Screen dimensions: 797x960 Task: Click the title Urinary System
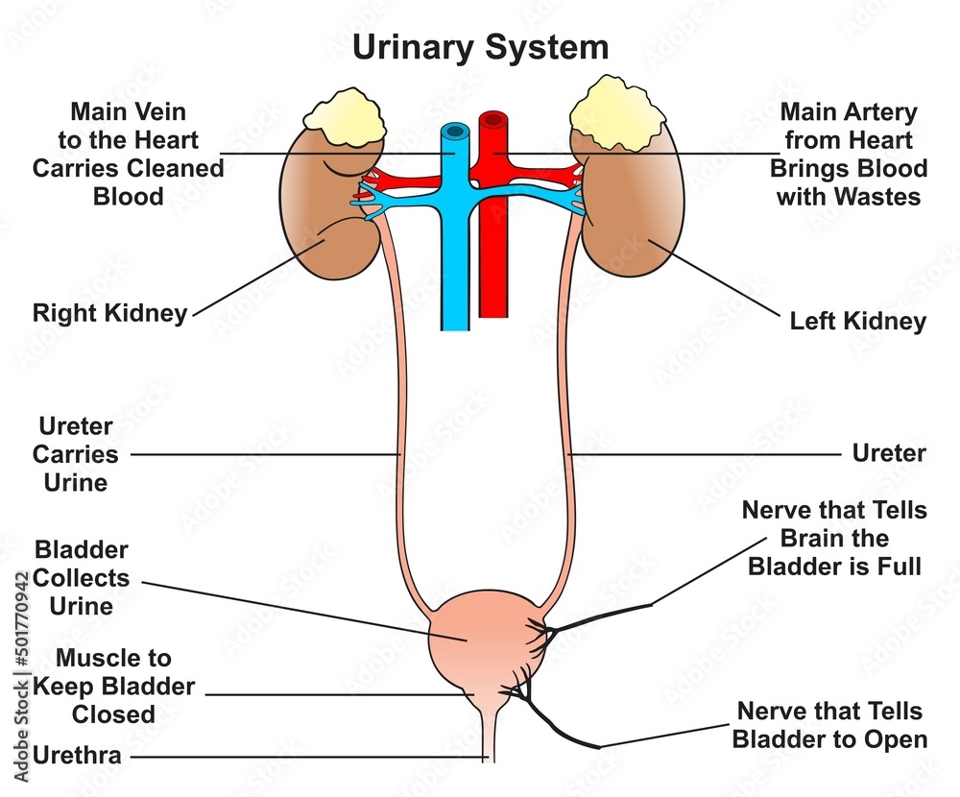(480, 46)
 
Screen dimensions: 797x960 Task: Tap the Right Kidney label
(109, 313)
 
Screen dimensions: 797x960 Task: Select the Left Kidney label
(857, 320)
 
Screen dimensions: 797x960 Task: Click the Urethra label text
(77, 756)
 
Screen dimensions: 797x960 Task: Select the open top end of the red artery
(493, 121)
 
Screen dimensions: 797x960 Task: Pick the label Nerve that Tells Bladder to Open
(829, 725)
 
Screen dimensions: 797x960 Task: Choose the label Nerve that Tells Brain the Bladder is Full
(834, 538)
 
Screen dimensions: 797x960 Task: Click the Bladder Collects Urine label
(82, 578)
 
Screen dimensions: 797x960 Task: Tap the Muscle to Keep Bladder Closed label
(113, 687)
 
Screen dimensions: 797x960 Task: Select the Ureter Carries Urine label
(77, 454)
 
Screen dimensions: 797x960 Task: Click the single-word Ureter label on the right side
(889, 453)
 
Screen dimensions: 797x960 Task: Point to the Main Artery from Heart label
(848, 155)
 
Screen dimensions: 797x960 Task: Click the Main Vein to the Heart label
(128, 155)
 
